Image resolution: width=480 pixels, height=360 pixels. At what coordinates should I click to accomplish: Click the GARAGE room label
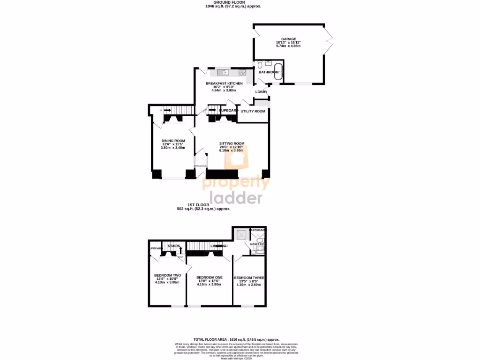click(288, 39)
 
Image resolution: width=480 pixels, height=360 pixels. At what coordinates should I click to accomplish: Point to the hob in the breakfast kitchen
click(243, 72)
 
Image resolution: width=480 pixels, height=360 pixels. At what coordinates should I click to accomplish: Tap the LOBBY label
click(261, 92)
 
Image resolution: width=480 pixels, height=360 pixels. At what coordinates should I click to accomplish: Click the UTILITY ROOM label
click(253, 111)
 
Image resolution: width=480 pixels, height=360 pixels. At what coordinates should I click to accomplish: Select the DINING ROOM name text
click(173, 141)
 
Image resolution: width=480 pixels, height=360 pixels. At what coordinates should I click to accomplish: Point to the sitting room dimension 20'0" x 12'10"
click(232, 147)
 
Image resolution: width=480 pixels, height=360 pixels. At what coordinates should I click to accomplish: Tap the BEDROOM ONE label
click(209, 277)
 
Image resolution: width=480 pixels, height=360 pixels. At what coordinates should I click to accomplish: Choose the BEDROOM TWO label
click(167, 275)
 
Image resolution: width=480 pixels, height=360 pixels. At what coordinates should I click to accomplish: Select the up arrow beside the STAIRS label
click(180, 250)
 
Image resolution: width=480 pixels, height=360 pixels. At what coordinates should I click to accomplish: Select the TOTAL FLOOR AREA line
click(236, 339)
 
